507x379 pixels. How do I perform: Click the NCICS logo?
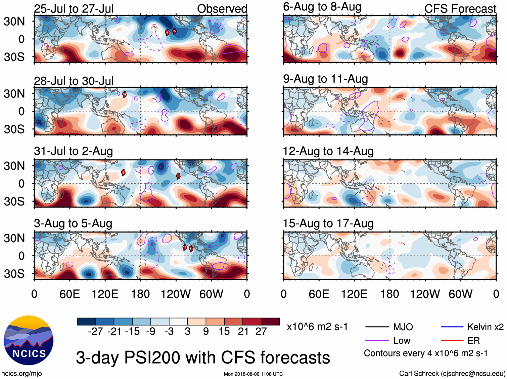(28, 340)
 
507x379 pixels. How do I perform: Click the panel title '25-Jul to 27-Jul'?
(74, 9)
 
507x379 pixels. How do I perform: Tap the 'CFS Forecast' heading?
(460, 9)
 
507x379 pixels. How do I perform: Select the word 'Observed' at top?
(222, 9)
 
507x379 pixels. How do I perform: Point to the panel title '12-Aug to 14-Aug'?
(328, 151)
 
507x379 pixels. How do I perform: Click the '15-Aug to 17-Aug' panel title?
(328, 224)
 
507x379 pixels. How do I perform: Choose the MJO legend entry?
(403, 327)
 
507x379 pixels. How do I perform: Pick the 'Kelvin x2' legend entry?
(485, 327)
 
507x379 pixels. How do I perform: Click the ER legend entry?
(473, 341)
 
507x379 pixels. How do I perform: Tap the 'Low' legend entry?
(402, 341)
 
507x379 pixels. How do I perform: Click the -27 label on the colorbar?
(95, 332)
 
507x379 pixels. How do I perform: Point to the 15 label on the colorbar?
(224, 332)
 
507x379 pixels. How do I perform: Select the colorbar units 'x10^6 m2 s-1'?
(317, 327)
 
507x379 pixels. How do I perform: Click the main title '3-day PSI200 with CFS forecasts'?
(203, 357)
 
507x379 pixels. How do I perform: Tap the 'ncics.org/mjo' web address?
(21, 373)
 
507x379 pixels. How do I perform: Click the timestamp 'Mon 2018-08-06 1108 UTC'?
(253, 374)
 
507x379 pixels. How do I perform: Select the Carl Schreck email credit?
(452, 373)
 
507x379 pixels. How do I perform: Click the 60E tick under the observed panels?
(70, 294)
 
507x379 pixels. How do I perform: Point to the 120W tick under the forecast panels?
(425, 294)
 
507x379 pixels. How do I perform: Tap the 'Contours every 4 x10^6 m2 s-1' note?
(425, 353)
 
